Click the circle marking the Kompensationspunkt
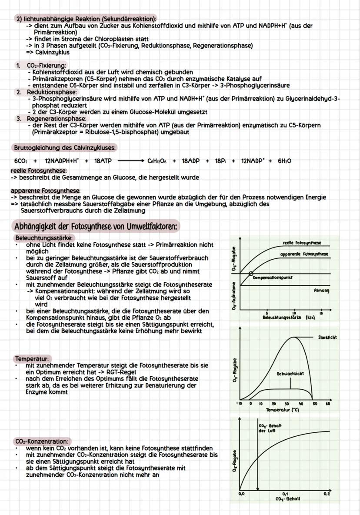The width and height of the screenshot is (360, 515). tap(251, 274)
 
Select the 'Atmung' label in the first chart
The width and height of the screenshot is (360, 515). tap(321, 290)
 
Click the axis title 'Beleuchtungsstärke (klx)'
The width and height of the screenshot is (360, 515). tap(289, 318)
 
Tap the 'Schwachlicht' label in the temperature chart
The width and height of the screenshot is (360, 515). tap(290, 374)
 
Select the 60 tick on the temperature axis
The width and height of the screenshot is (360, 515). tap(327, 404)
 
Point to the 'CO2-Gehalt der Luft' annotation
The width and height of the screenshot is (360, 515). tap(270, 428)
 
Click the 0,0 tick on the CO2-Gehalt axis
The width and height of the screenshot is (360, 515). tap(241, 494)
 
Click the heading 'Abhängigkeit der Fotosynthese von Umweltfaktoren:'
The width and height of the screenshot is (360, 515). tap(97, 227)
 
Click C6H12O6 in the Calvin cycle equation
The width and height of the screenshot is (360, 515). tap(157, 161)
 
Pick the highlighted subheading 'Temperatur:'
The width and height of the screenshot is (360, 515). tap(32, 359)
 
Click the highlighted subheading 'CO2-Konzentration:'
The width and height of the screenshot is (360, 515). tap(42, 441)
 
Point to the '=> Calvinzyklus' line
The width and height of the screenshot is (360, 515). tap(47, 52)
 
